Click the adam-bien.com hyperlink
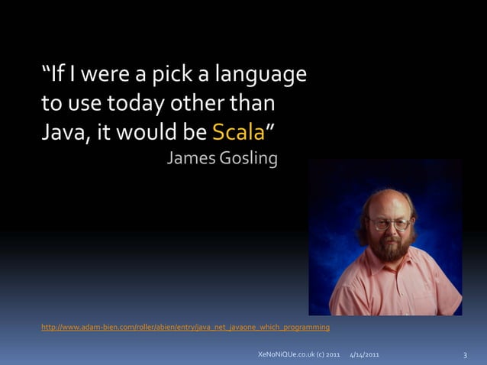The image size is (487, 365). click(x=185, y=328)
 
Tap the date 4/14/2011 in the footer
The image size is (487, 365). click(x=364, y=356)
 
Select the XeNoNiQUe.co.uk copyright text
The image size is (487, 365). click(x=299, y=356)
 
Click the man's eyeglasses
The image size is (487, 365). click(x=389, y=224)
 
